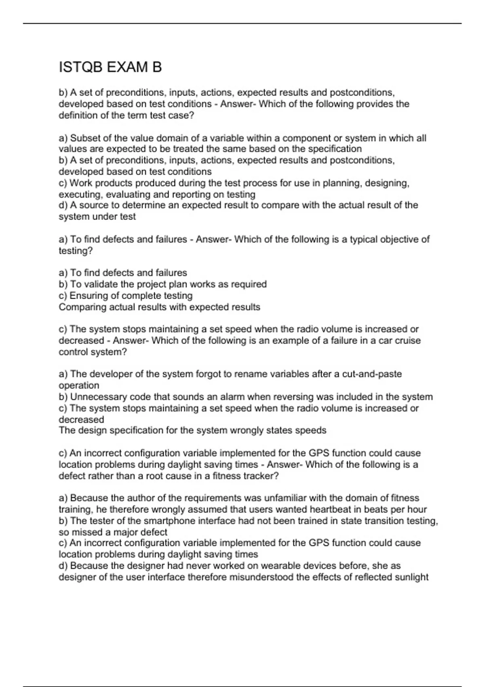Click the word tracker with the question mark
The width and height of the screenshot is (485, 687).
point(262,476)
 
